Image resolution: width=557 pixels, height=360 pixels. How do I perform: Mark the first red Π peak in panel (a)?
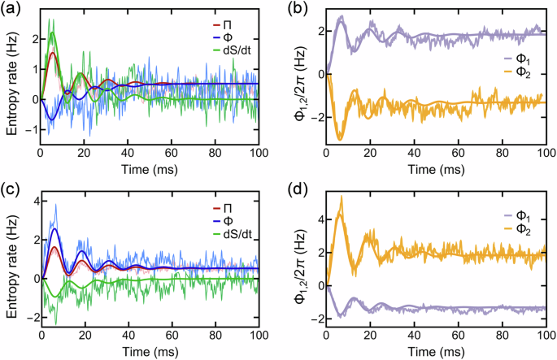[x=53, y=53]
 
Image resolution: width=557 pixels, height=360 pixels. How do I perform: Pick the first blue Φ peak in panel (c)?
[x=54, y=229]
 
